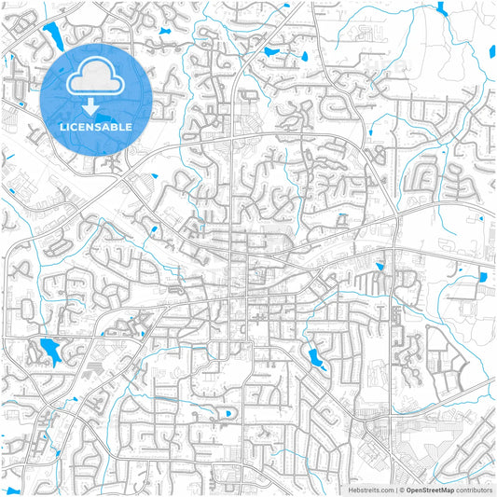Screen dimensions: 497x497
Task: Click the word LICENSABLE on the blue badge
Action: (x=96, y=126)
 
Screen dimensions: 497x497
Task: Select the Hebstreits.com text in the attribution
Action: (x=370, y=490)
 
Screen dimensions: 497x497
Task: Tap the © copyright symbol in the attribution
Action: (x=401, y=490)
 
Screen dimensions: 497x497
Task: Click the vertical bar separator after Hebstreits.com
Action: (x=394, y=490)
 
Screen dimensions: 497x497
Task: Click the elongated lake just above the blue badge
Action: (x=51, y=36)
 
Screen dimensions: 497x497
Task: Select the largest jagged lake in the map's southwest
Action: (x=48, y=350)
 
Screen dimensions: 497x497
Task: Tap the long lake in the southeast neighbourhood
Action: (x=315, y=357)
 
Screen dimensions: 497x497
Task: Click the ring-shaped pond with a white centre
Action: (x=227, y=412)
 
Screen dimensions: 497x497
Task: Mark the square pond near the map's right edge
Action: (x=484, y=276)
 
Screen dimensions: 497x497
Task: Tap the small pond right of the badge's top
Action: (x=165, y=31)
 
